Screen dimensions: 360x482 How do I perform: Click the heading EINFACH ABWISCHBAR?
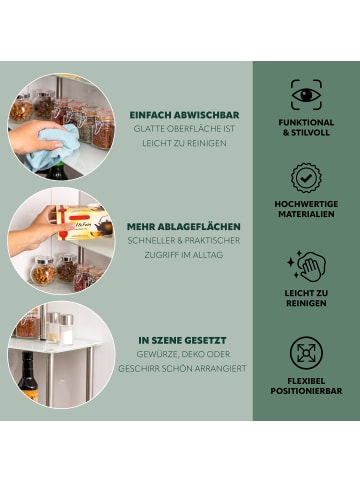[184, 115]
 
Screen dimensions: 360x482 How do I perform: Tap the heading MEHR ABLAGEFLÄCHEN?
[184, 226]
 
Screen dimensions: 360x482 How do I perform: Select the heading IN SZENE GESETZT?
[182, 340]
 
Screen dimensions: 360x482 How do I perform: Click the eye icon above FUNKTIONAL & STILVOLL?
[306, 95]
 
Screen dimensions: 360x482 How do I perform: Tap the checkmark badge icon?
[306, 178]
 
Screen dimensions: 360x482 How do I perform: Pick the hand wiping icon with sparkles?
[306, 266]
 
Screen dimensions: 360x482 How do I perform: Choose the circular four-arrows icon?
[306, 353]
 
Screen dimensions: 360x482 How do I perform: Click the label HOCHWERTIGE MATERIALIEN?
[306, 209]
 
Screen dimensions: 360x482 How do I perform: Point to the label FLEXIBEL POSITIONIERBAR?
[306, 386]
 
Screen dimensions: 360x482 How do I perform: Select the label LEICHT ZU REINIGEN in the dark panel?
[306, 298]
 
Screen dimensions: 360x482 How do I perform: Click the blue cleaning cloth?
[53, 147]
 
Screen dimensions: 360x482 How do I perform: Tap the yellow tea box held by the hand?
[84, 222]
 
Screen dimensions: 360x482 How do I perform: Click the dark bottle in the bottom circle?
[28, 377]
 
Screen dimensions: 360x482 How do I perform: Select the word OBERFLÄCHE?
[191, 129]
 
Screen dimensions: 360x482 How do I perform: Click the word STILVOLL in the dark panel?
[310, 132]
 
